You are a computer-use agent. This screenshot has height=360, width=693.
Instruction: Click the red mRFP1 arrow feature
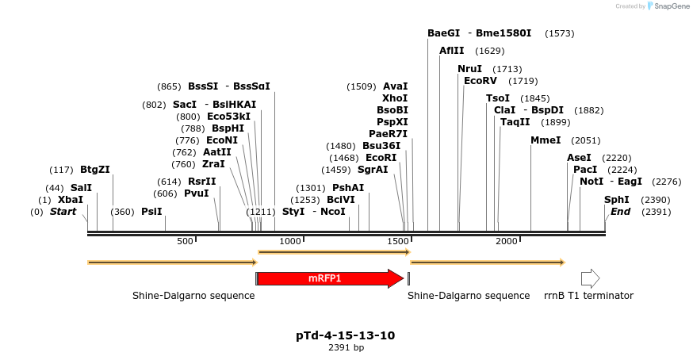329,278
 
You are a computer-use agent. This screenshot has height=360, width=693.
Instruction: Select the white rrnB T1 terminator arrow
590,278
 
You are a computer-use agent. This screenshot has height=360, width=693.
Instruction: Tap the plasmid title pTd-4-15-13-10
345,335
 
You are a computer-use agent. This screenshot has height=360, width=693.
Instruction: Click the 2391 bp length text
346,347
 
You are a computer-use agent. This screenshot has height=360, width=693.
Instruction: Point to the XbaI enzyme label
70,200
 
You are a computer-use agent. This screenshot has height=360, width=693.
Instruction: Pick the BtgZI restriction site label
94,170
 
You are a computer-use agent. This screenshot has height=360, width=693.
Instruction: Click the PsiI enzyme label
151,212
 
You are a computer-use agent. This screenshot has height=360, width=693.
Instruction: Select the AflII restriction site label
452,51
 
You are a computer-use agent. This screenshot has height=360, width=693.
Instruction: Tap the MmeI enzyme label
546,140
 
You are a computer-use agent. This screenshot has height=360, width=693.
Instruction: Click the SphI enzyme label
617,200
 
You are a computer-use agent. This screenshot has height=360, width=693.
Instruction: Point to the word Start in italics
63,212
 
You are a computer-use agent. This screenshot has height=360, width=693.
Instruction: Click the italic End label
620,212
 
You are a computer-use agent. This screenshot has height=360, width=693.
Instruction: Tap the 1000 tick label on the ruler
291,241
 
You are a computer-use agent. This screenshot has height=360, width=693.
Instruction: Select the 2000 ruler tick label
507,241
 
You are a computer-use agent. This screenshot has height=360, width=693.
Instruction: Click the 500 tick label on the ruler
186,241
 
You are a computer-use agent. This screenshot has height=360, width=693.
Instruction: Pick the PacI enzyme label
585,170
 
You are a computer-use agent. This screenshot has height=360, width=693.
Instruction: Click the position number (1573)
560,33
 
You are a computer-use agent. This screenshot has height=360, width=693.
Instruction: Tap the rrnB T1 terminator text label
588,296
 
